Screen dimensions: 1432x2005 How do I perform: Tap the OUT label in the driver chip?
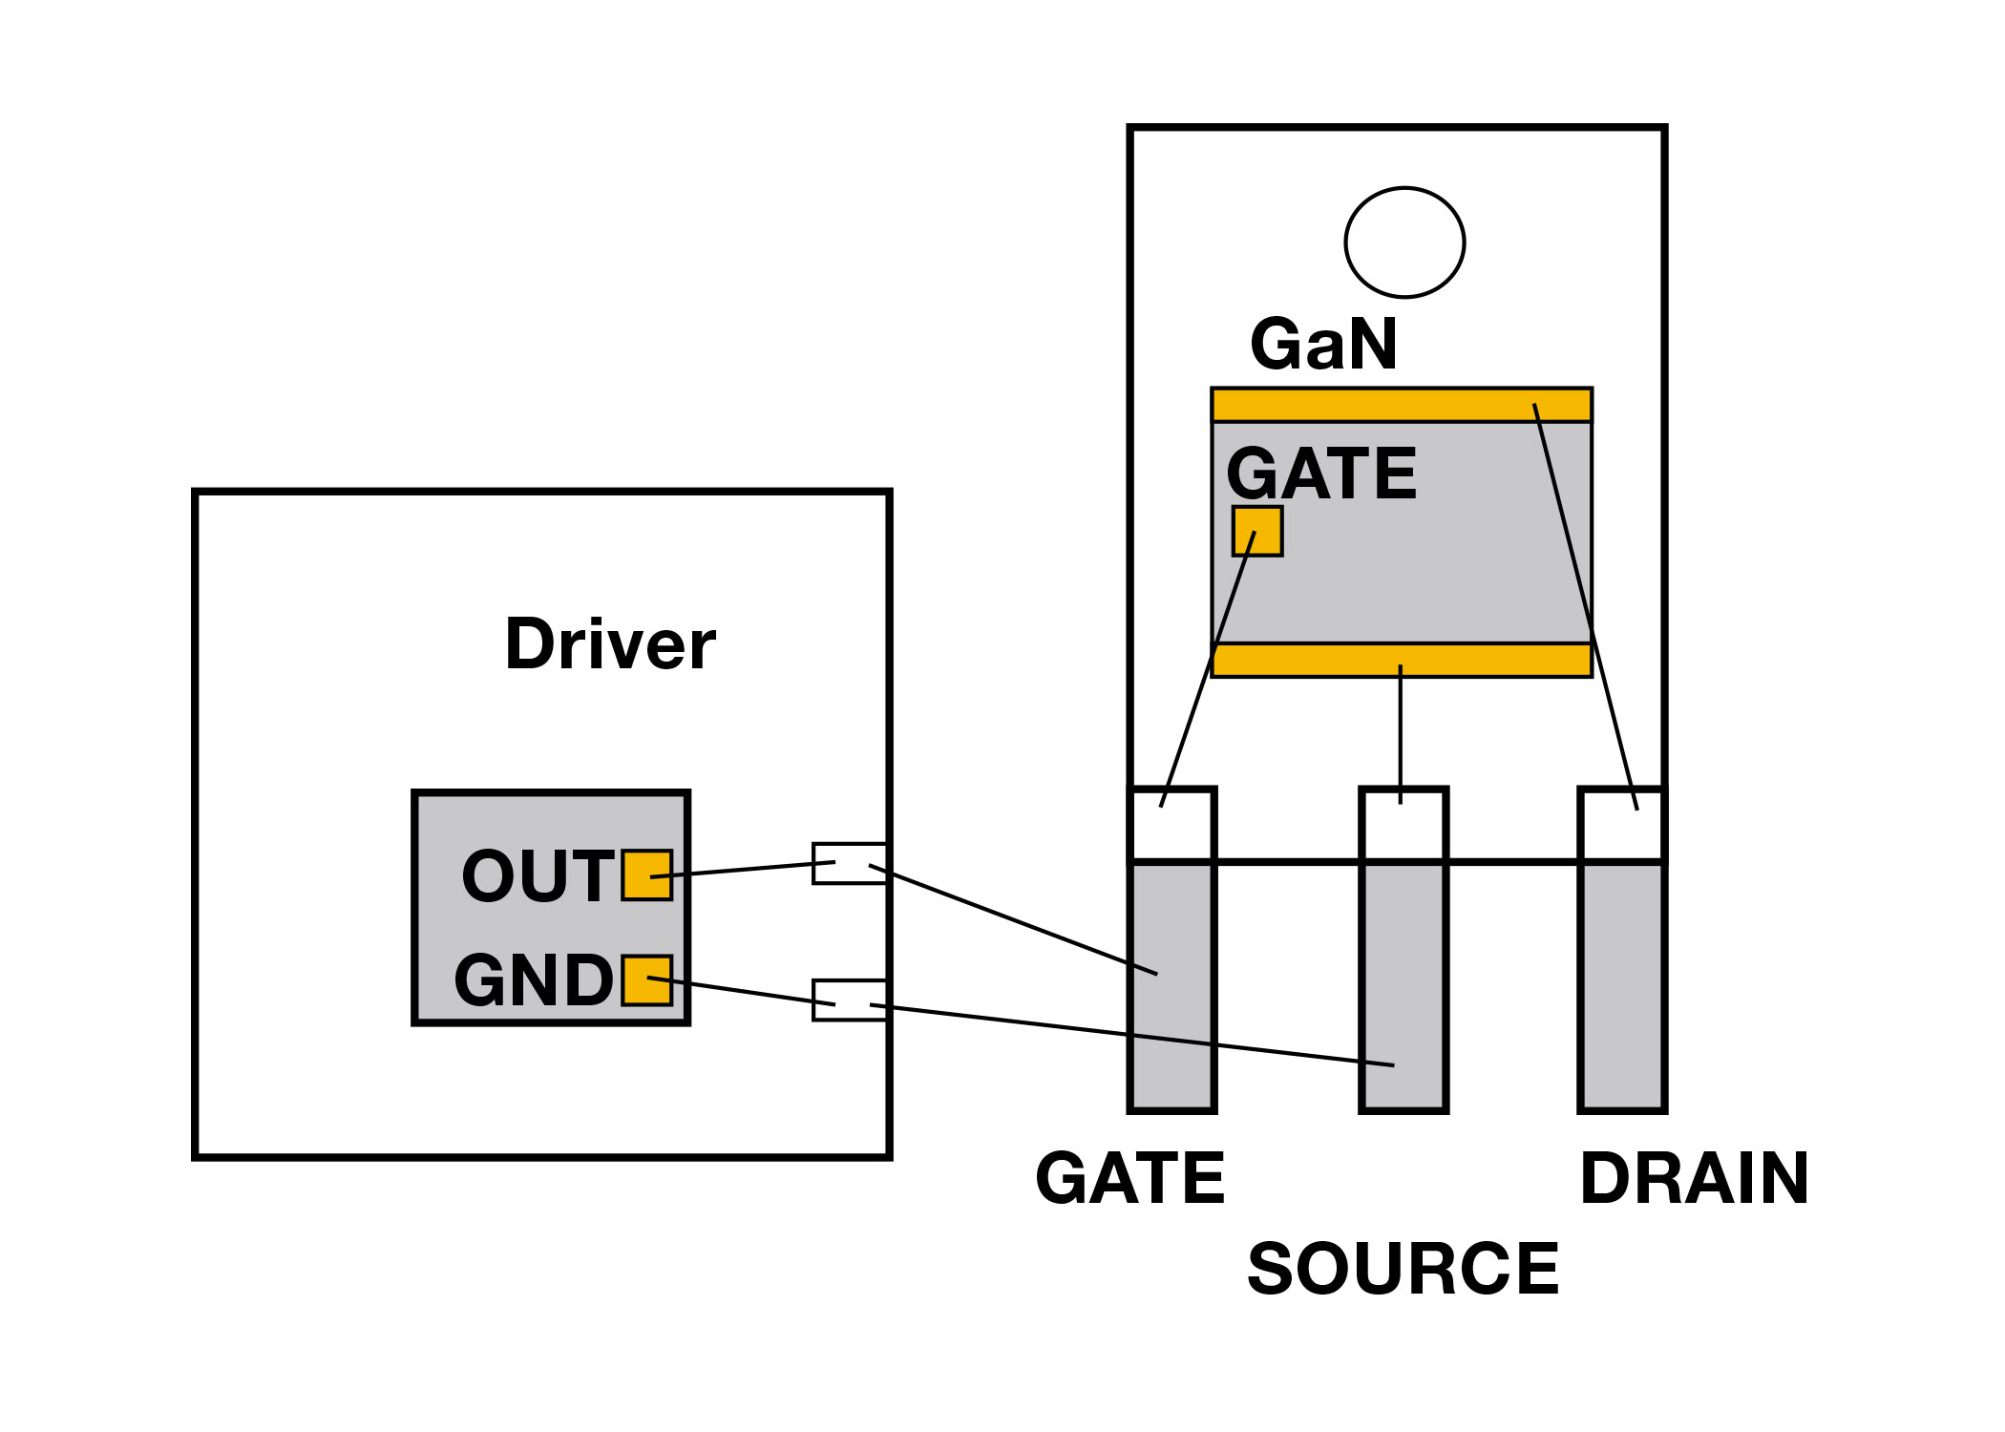pyautogui.click(x=537, y=875)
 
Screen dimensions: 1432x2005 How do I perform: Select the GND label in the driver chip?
pyautogui.click(x=533, y=980)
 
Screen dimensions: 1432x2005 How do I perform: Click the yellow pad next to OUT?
pyautogui.click(x=646, y=875)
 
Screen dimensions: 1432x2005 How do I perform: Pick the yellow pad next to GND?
pyautogui.click(x=646, y=980)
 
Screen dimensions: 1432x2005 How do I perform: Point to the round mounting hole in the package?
pyautogui.click(x=1404, y=242)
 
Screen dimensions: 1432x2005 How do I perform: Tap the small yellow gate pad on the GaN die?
pyautogui.click(x=1256, y=531)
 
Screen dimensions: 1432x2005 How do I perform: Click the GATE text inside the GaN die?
pyautogui.click(x=1321, y=474)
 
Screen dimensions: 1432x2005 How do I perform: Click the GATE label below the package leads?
pyautogui.click(x=1129, y=1178)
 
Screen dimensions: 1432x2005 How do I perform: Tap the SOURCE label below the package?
pyautogui.click(x=1403, y=1270)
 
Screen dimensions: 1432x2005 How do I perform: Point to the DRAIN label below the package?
pyautogui.click(x=1694, y=1178)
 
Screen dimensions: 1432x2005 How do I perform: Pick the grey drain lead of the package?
pyautogui.click(x=1622, y=983)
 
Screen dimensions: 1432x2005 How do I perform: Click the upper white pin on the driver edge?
pyautogui.click(x=849, y=864)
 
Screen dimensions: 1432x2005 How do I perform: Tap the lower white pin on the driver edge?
pyautogui.click(x=849, y=1000)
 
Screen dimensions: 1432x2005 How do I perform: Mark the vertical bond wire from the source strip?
pyautogui.click(x=1401, y=735)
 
